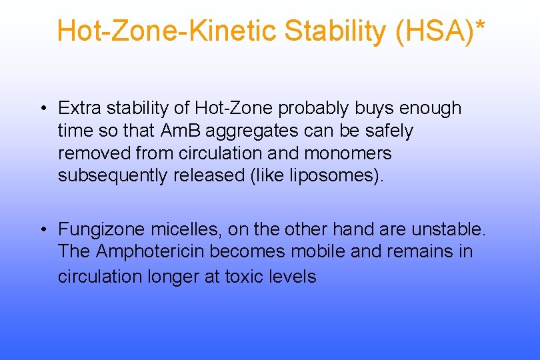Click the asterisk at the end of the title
[481, 27]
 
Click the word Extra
[79, 108]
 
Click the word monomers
[347, 153]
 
